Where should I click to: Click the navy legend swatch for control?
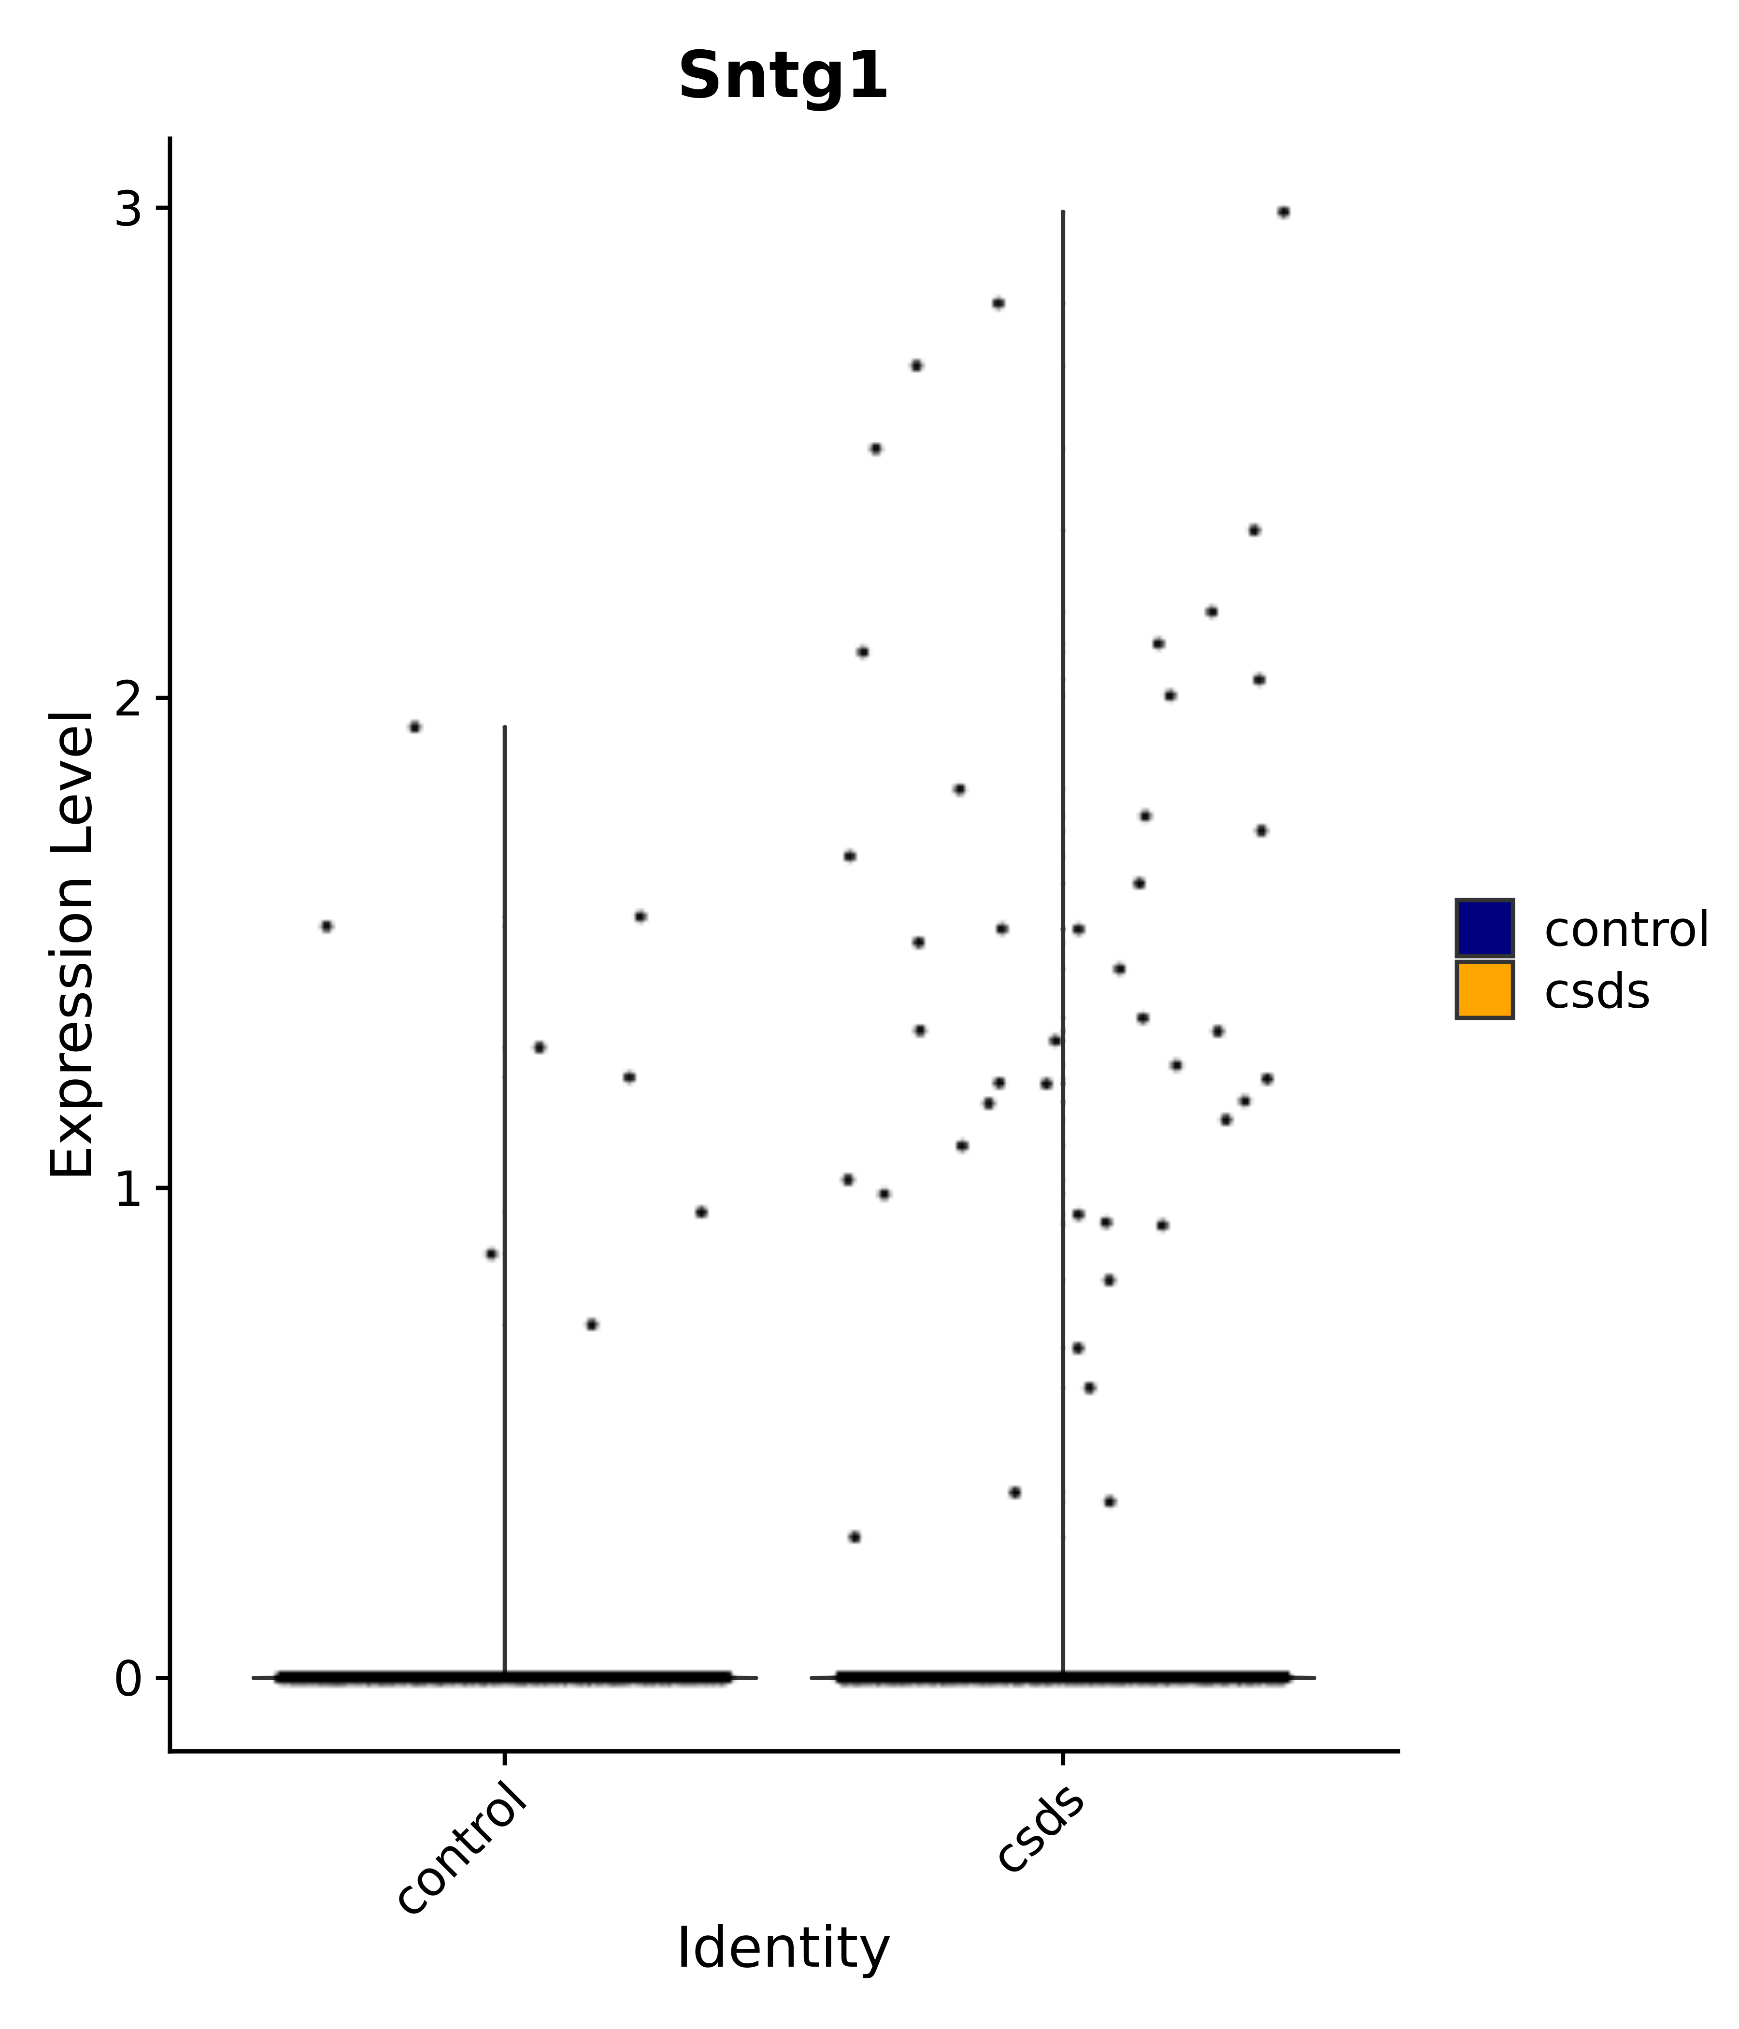tap(1483, 928)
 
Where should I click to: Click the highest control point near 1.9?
tap(414, 727)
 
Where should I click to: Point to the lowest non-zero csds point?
tap(854, 1536)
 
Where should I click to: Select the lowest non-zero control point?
tap(591, 1324)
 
